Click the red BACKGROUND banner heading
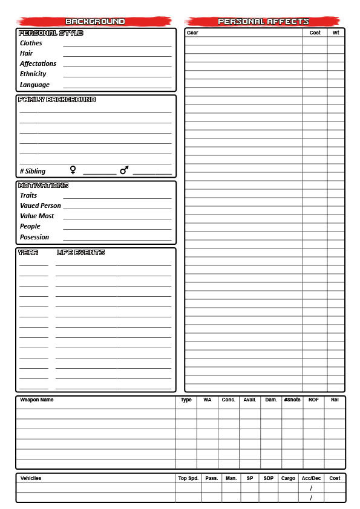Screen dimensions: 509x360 point(96,22)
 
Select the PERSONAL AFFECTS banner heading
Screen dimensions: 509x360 point(263,22)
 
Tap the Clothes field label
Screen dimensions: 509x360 point(31,44)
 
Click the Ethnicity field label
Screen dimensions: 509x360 point(33,74)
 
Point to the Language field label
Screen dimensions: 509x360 point(34,85)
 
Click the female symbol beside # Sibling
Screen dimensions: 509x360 point(73,170)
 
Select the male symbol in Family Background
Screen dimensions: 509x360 point(124,170)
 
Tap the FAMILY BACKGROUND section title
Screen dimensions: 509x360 point(57,100)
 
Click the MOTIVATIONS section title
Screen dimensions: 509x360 point(43,186)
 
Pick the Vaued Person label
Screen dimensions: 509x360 point(40,206)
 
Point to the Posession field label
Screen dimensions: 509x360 point(34,238)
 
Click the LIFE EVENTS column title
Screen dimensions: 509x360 point(80,253)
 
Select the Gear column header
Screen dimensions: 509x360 point(192,33)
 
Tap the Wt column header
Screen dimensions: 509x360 point(336,33)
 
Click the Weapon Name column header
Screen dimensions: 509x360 point(36,400)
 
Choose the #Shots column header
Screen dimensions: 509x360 point(292,400)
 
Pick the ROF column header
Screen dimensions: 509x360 point(313,400)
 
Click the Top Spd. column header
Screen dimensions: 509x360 point(188,478)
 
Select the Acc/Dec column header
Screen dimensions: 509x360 point(311,478)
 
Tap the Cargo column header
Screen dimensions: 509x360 point(288,478)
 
